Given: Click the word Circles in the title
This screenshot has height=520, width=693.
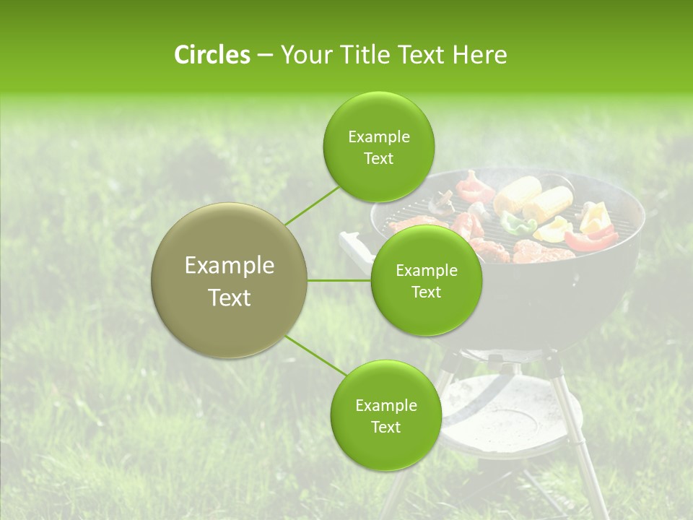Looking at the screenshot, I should coord(212,55).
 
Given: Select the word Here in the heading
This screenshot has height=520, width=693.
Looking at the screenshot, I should coord(479,55).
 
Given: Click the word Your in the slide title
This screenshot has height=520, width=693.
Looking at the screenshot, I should coord(305,55).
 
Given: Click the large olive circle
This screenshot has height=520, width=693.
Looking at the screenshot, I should coord(230,280).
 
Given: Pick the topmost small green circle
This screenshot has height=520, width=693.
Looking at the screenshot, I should coord(378,147).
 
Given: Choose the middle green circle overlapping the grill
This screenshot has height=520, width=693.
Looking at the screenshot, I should coord(426,281).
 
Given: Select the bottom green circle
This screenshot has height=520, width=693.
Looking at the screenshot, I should coord(385,415).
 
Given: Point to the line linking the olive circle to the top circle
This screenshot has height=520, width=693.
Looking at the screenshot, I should coord(312,205).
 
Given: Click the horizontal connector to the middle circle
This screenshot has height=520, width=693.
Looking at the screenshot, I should coord(339,280).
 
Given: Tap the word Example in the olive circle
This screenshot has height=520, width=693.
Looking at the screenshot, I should coord(230,266).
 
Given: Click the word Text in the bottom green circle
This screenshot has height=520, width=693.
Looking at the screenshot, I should coord(385,427).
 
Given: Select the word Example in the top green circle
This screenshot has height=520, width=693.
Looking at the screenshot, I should coord(378,137).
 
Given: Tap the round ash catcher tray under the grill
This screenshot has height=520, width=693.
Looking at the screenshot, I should coord(505,412).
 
